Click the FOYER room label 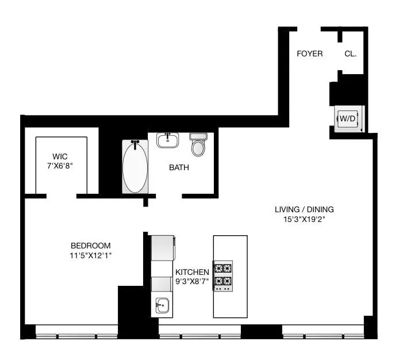click(x=309, y=53)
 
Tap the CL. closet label click(x=350, y=53)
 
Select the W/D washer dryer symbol click(x=348, y=119)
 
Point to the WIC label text click(x=60, y=156)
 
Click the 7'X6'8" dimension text click(x=60, y=165)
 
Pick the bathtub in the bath click(x=135, y=167)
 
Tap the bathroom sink click(x=167, y=140)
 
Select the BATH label click(x=179, y=168)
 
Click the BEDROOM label click(x=90, y=246)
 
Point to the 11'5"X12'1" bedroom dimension click(x=90, y=255)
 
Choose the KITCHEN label click(x=192, y=272)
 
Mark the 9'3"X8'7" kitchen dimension click(x=192, y=281)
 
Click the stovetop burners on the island click(x=223, y=275)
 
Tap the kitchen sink click(x=162, y=305)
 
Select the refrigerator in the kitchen click(x=162, y=248)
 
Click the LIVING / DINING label click(x=304, y=209)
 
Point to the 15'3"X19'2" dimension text click(x=304, y=219)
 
